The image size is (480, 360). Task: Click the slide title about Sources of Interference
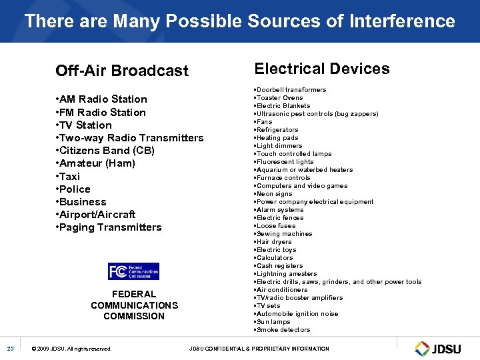coord(240,21)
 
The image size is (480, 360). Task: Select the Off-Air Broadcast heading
coord(122,71)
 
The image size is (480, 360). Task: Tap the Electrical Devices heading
coord(322,69)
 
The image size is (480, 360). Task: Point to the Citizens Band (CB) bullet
coord(107,151)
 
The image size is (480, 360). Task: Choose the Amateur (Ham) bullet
coord(97,163)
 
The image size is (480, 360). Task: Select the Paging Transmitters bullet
coord(110,227)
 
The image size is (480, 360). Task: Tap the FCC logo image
coord(133,271)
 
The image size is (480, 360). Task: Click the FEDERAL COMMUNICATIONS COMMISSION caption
coord(134,305)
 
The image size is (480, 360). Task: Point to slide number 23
coord(11,349)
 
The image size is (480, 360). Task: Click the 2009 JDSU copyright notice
coord(72,349)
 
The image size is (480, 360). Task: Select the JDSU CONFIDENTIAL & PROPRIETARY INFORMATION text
coord(259,349)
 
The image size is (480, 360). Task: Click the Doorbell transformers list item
coord(290,90)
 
